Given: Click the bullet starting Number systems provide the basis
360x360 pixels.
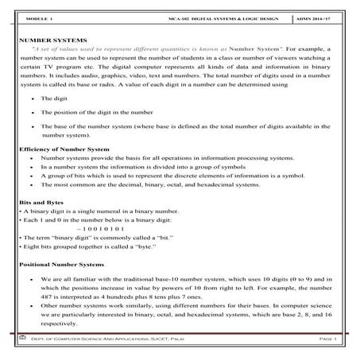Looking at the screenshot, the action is [175, 159].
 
